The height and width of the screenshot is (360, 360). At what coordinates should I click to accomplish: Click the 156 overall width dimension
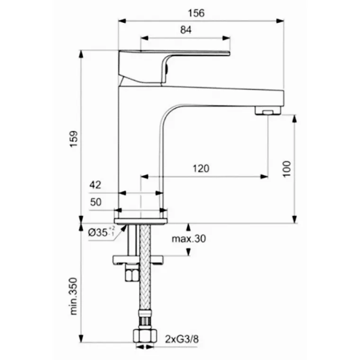196,13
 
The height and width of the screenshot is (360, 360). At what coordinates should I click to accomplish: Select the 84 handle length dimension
186,30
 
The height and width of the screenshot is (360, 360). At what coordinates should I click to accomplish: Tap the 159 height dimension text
74,139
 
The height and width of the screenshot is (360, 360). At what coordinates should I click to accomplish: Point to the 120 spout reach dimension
201,169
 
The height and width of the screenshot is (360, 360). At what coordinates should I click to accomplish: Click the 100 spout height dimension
287,169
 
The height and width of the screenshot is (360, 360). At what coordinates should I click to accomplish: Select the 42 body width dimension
95,185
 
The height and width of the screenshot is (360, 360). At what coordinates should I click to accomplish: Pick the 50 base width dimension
95,202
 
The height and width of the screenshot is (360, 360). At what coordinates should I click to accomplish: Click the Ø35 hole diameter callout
101,232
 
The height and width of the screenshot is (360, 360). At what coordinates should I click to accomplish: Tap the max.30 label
189,239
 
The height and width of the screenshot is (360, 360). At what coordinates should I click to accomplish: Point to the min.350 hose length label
74,296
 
